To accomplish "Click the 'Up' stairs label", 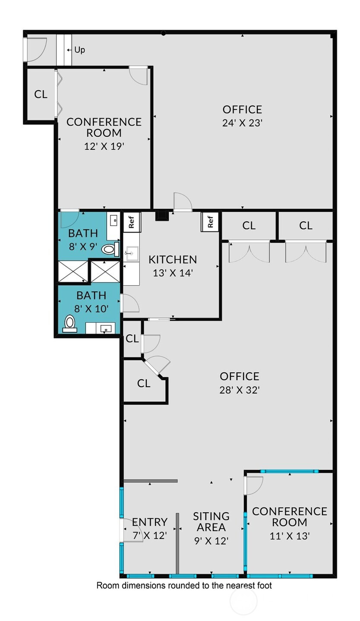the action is click(x=79, y=50).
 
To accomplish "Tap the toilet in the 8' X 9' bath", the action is click(x=111, y=249).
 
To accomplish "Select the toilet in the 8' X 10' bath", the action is click(x=69, y=324).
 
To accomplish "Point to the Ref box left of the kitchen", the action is click(x=132, y=222).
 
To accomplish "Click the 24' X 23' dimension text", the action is click(x=242, y=123).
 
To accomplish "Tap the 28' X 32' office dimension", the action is click(x=240, y=390).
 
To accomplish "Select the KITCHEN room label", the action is click(x=173, y=260).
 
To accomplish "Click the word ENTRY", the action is click(x=150, y=522).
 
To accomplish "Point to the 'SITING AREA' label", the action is click(x=212, y=522).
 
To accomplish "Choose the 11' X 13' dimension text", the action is click(x=290, y=536).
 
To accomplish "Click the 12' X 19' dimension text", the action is click(x=104, y=146).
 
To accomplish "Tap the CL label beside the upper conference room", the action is click(x=41, y=94).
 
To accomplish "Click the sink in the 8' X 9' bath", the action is click(x=114, y=221).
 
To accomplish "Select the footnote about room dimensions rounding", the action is click(x=184, y=585).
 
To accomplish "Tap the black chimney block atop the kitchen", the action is click(x=162, y=216).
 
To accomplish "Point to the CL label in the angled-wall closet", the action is click(x=144, y=383).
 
